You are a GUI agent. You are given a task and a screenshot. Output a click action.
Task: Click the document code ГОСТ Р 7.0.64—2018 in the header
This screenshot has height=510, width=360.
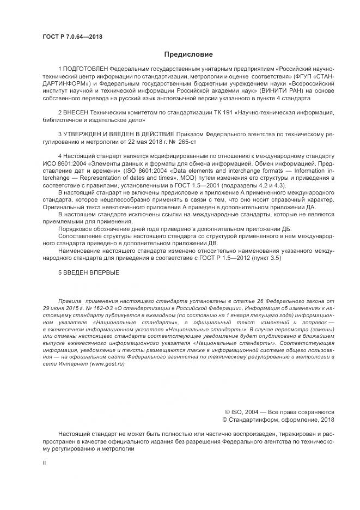point(72,37)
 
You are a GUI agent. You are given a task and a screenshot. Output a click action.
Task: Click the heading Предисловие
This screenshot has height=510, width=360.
point(188,54)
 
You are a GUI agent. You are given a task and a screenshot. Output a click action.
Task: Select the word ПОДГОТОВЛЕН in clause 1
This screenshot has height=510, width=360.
point(86,69)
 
